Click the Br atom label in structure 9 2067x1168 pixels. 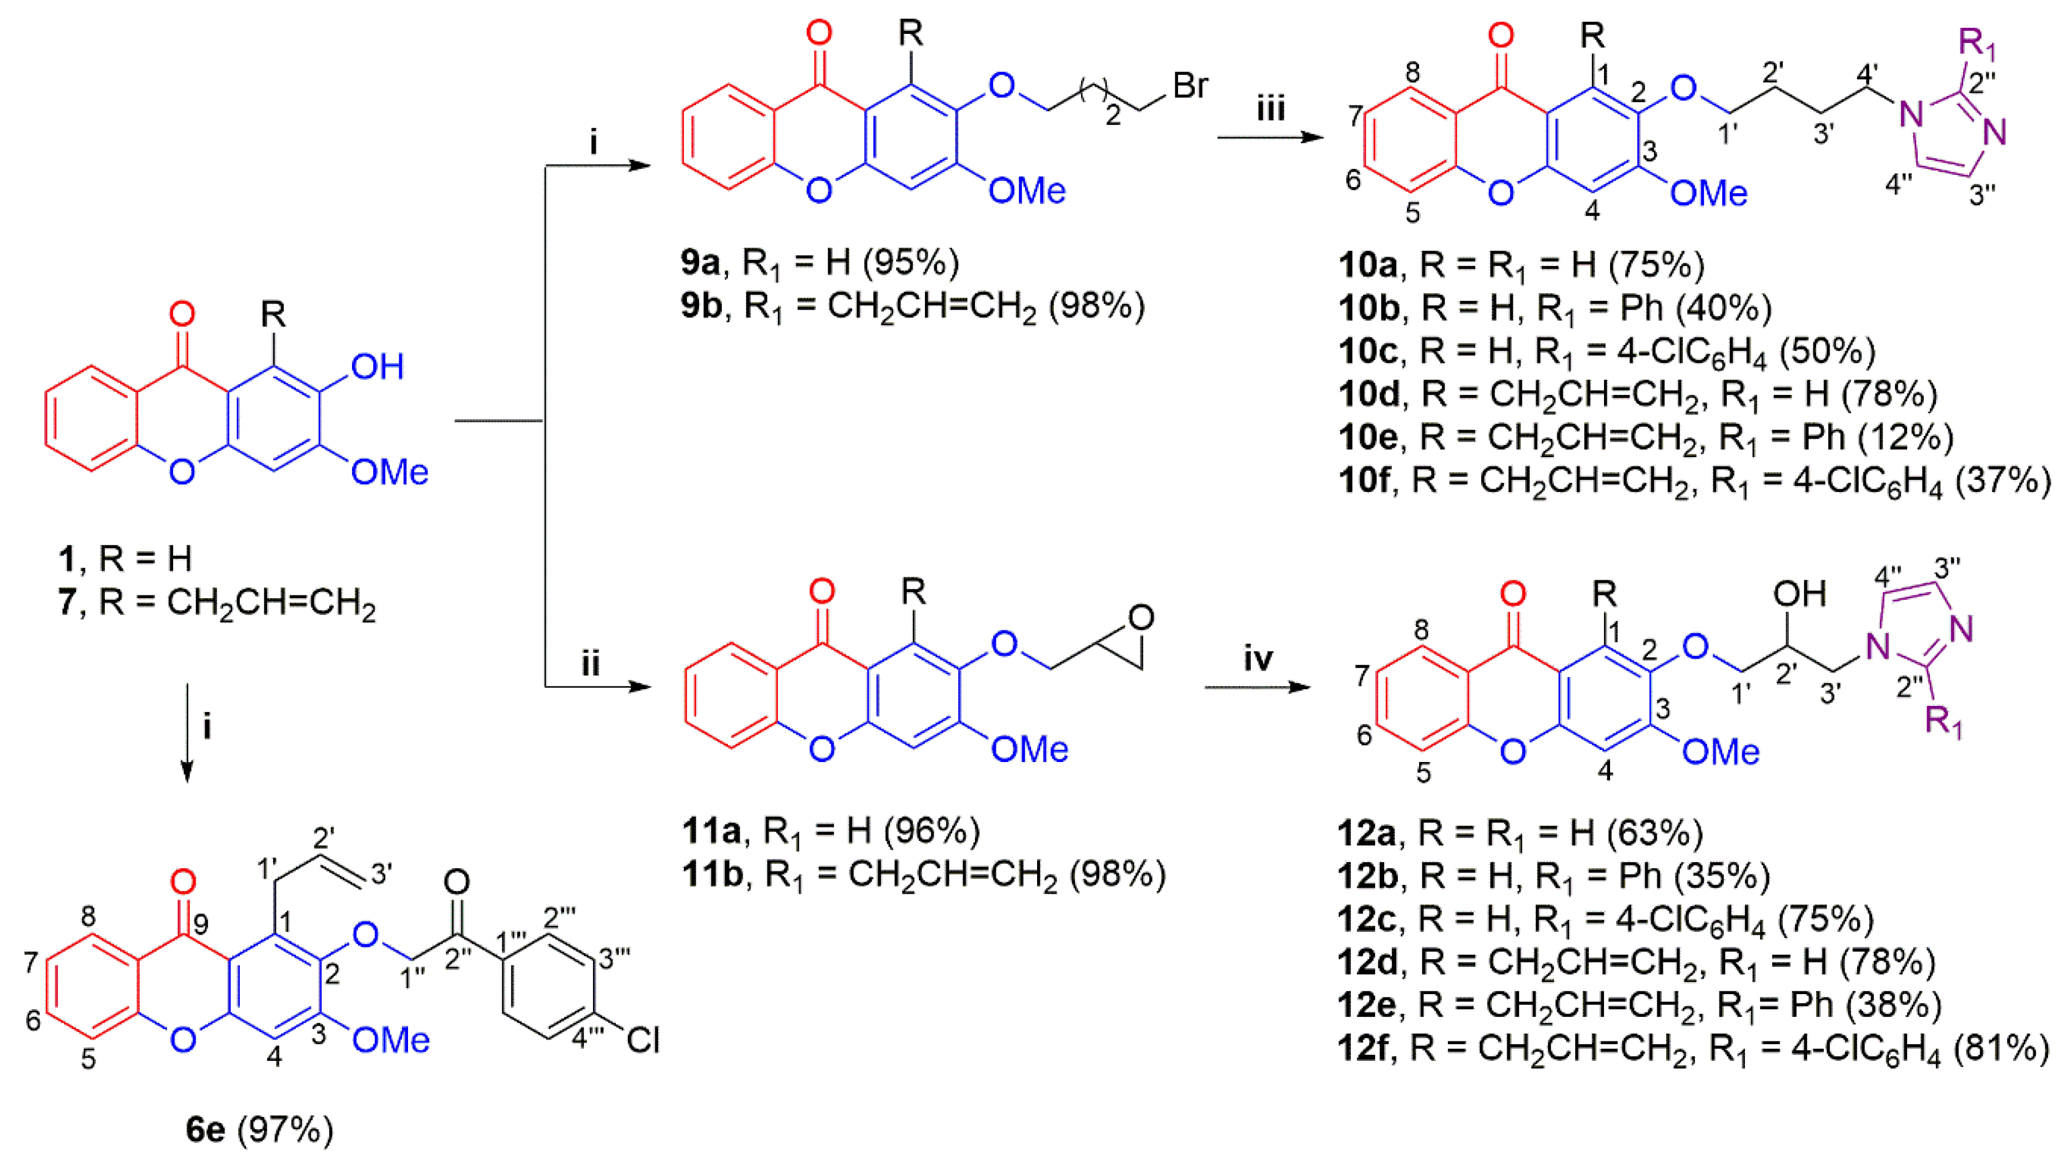coord(1190,85)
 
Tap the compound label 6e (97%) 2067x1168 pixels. coord(259,1130)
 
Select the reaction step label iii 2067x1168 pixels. coord(1271,108)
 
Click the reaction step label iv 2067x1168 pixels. coord(1258,659)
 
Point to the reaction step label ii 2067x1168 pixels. coord(590,665)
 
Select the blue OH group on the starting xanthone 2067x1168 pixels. coord(377,367)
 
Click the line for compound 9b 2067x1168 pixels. coord(912,307)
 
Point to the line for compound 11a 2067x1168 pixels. coord(831,831)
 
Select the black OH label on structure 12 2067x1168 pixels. coord(1800,594)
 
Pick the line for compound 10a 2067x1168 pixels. coord(1521,265)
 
